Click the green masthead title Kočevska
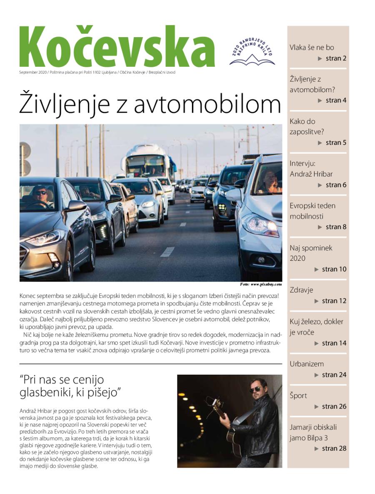tap(117, 47)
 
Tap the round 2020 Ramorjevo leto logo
tap(252, 51)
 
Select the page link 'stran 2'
tap(336, 58)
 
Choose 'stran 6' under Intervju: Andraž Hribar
tap(336, 185)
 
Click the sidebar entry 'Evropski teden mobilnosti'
tap(312, 211)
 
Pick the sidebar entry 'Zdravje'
tap(301, 290)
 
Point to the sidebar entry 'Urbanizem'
tap(307, 364)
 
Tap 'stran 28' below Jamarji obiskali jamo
tap(334, 449)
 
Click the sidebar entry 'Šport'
tap(298, 396)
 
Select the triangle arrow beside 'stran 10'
tap(317, 270)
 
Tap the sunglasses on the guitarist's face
tap(255, 389)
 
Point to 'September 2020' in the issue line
tap(33, 72)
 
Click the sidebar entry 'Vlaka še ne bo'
tap(312, 48)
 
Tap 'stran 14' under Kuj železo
tap(334, 343)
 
